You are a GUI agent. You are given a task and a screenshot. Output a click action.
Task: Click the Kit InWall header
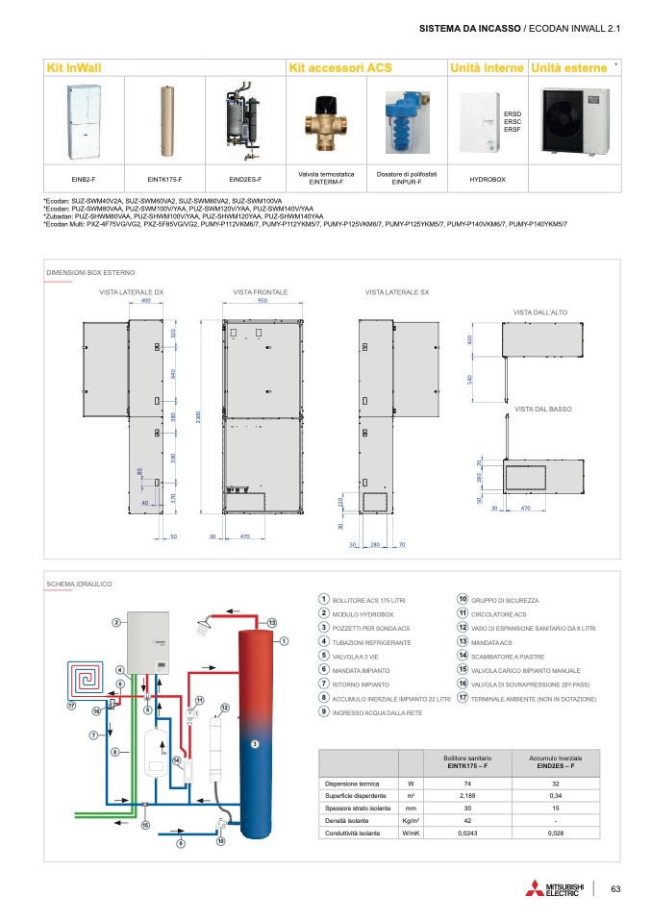pos(74,68)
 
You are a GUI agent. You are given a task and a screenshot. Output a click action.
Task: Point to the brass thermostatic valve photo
pos(326,125)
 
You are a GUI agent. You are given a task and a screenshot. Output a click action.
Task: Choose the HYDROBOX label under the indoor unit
pos(487,179)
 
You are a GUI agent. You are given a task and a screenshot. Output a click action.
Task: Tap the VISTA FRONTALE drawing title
pos(261,290)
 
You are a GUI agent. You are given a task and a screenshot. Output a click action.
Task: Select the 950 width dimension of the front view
pos(262,301)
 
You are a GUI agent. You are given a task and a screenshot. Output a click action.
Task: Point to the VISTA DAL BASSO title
pos(537,410)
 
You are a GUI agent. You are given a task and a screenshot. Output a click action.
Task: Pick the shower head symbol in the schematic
pos(203,627)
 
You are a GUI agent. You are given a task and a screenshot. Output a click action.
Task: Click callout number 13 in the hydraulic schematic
pos(273,622)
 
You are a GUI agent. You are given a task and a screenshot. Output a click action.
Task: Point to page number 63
pos(617,888)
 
